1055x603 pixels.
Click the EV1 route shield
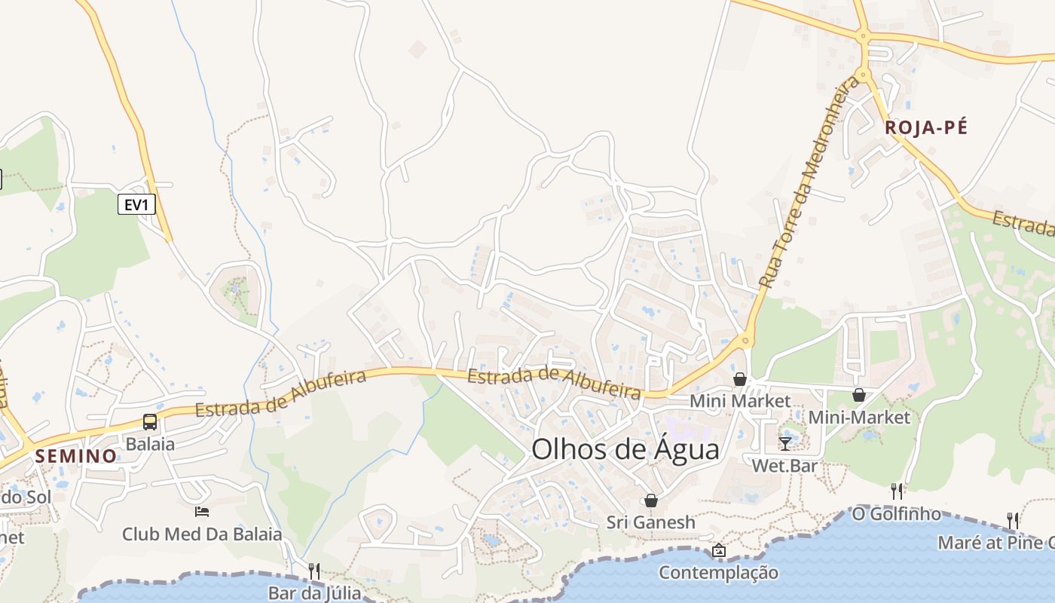[x=136, y=204]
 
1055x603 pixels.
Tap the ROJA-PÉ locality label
[x=926, y=127]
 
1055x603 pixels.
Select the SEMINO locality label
[x=76, y=456]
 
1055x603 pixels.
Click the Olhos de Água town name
[x=625, y=449]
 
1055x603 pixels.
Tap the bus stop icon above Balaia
[x=150, y=422]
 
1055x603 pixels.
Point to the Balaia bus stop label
[x=150, y=444]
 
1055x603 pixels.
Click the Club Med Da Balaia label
[x=202, y=534]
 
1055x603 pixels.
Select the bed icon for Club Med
[x=202, y=512]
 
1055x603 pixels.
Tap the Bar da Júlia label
[x=314, y=592]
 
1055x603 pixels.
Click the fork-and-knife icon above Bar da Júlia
[x=314, y=571]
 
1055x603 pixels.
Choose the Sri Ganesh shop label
[x=651, y=522]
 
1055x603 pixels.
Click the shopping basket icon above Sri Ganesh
[x=651, y=500]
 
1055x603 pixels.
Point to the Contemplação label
[x=718, y=573]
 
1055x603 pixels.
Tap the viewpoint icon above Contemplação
[x=718, y=551]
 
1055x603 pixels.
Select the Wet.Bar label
[x=784, y=466]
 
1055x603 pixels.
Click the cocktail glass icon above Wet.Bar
[x=784, y=443]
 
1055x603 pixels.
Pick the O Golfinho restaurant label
[x=896, y=514]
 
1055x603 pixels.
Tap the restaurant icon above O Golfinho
[x=896, y=491]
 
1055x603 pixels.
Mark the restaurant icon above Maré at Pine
[x=1013, y=520]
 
